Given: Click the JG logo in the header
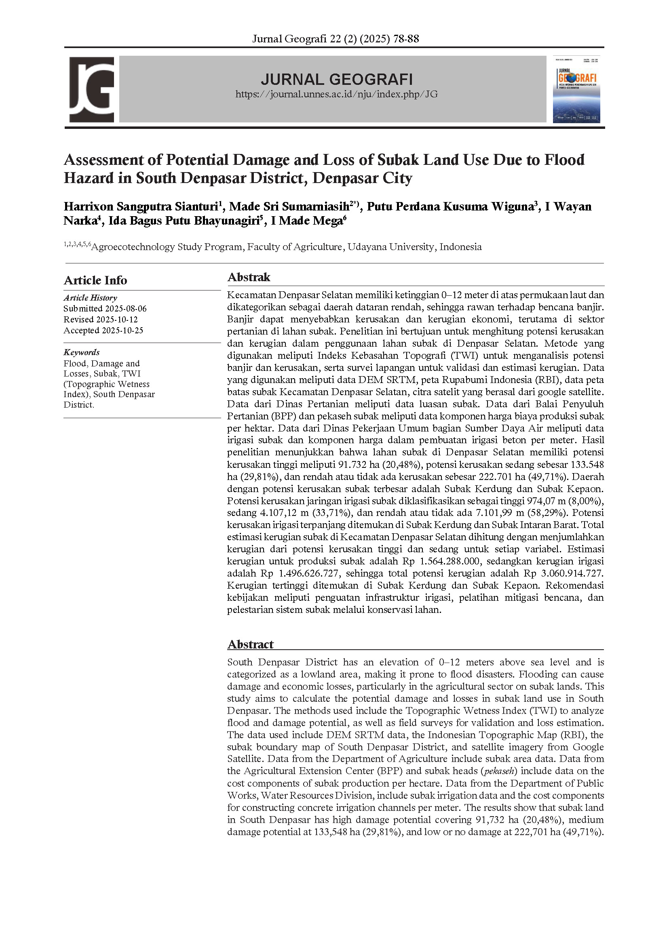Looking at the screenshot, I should pos(91,89).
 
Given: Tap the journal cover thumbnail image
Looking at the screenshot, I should pos(576,89).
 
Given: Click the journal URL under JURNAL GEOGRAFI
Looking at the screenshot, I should pos(336,94).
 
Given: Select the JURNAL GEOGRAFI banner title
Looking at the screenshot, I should pos(336,79).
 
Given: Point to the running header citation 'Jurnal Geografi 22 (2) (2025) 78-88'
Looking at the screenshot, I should pos(336,39).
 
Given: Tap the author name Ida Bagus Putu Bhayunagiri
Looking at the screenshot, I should pos(184,221).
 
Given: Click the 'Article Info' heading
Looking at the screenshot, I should pos(95,280).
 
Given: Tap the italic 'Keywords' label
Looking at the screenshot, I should pos(82,352).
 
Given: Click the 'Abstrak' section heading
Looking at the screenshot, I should pos(249,277).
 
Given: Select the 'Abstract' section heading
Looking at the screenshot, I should pos(250,644).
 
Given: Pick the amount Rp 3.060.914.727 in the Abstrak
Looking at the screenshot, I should pos(563,573).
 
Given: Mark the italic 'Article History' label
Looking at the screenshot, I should pos(90,298).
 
